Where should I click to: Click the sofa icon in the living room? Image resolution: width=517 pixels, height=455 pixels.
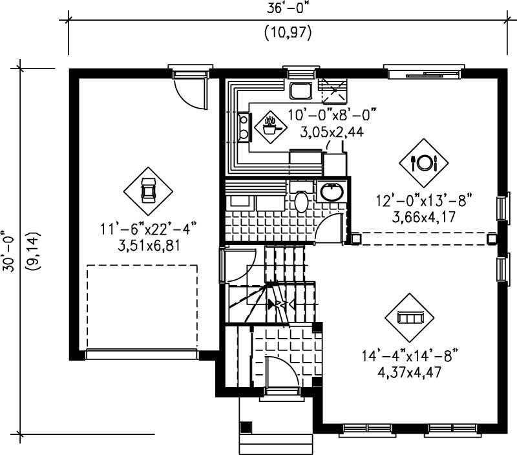pyautogui.click(x=410, y=317)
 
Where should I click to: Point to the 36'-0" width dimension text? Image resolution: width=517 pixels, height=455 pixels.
pyautogui.click(x=288, y=9)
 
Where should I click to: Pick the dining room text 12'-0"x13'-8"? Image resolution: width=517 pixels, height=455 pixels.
pyautogui.click(x=425, y=201)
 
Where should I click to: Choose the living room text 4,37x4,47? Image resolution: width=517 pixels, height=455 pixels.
pyautogui.click(x=411, y=372)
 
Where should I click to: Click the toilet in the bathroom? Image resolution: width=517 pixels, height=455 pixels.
pyautogui.click(x=301, y=200)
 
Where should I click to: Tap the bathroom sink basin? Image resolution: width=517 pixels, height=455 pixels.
pyautogui.click(x=332, y=191)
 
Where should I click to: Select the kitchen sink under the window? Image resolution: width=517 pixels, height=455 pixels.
pyautogui.click(x=301, y=90)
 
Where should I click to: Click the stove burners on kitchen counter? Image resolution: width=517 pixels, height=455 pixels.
pyautogui.click(x=245, y=127)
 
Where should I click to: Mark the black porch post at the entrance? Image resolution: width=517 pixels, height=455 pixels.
pyautogui.click(x=246, y=427)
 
